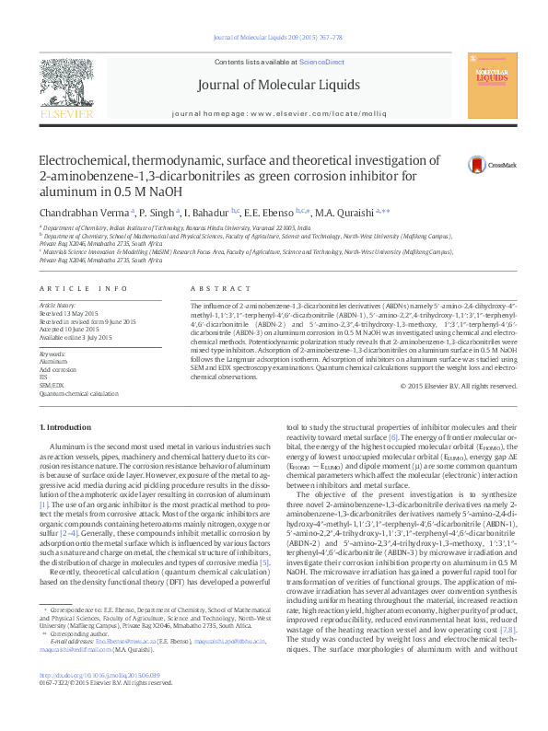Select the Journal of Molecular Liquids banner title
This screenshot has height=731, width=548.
point(278,86)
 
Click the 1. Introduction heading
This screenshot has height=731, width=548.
point(67,427)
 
